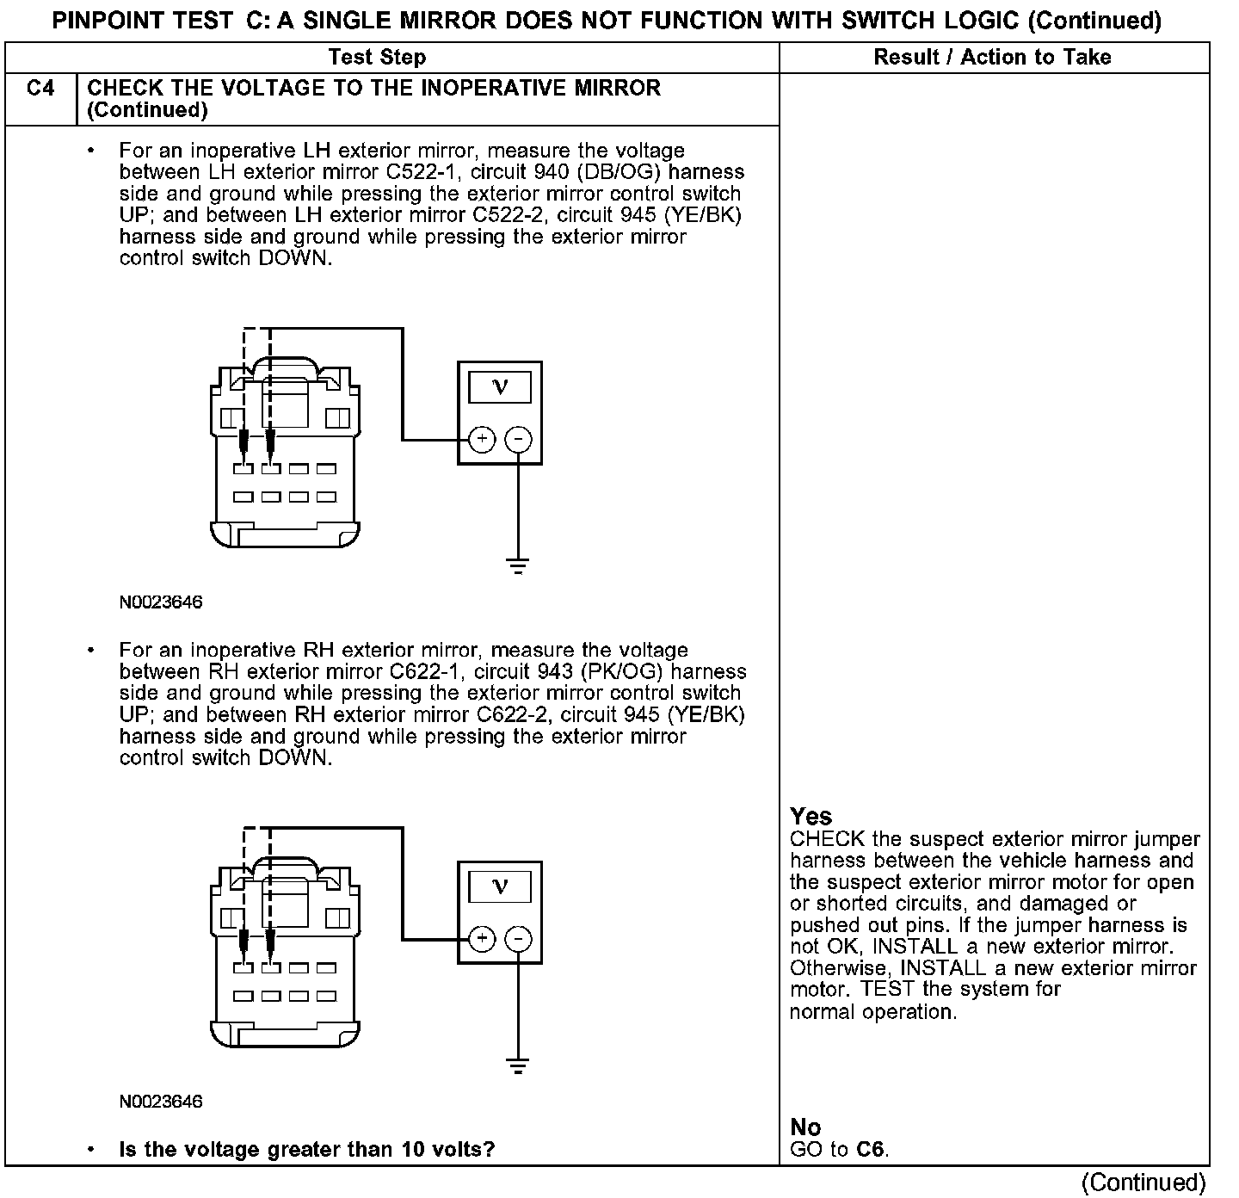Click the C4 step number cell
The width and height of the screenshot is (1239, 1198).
40,89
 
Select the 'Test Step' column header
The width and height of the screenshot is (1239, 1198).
377,58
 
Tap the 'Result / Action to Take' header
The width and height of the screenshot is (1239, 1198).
992,58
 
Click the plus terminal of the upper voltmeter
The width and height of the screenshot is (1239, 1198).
482,440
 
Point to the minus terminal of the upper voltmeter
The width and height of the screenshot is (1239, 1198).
517,440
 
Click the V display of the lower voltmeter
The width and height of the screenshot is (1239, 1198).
500,886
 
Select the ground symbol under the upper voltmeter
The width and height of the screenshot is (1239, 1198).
517,566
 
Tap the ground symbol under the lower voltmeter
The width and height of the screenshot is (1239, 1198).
517,1066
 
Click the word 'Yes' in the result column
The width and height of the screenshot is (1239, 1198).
811,816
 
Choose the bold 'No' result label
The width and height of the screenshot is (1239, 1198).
805,1127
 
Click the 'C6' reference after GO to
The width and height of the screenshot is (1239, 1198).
871,1149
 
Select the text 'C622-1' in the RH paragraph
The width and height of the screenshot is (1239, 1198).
428,672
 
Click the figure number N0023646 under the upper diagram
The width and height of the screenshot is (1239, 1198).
161,602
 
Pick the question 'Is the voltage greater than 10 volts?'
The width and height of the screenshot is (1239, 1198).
306,1149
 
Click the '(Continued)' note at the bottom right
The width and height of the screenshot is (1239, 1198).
1143,1183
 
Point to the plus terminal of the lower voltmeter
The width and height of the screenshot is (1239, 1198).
482,939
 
